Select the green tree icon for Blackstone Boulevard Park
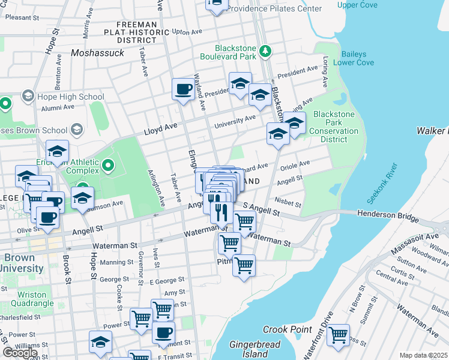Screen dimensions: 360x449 point(265,52)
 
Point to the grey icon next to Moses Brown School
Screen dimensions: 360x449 point(76,130)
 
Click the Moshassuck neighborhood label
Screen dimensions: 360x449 point(97,53)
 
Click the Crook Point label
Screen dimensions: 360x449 point(287,329)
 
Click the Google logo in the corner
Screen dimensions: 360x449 point(20,353)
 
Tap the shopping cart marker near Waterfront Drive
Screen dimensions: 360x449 point(339,335)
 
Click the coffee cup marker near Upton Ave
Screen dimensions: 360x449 point(183,89)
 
